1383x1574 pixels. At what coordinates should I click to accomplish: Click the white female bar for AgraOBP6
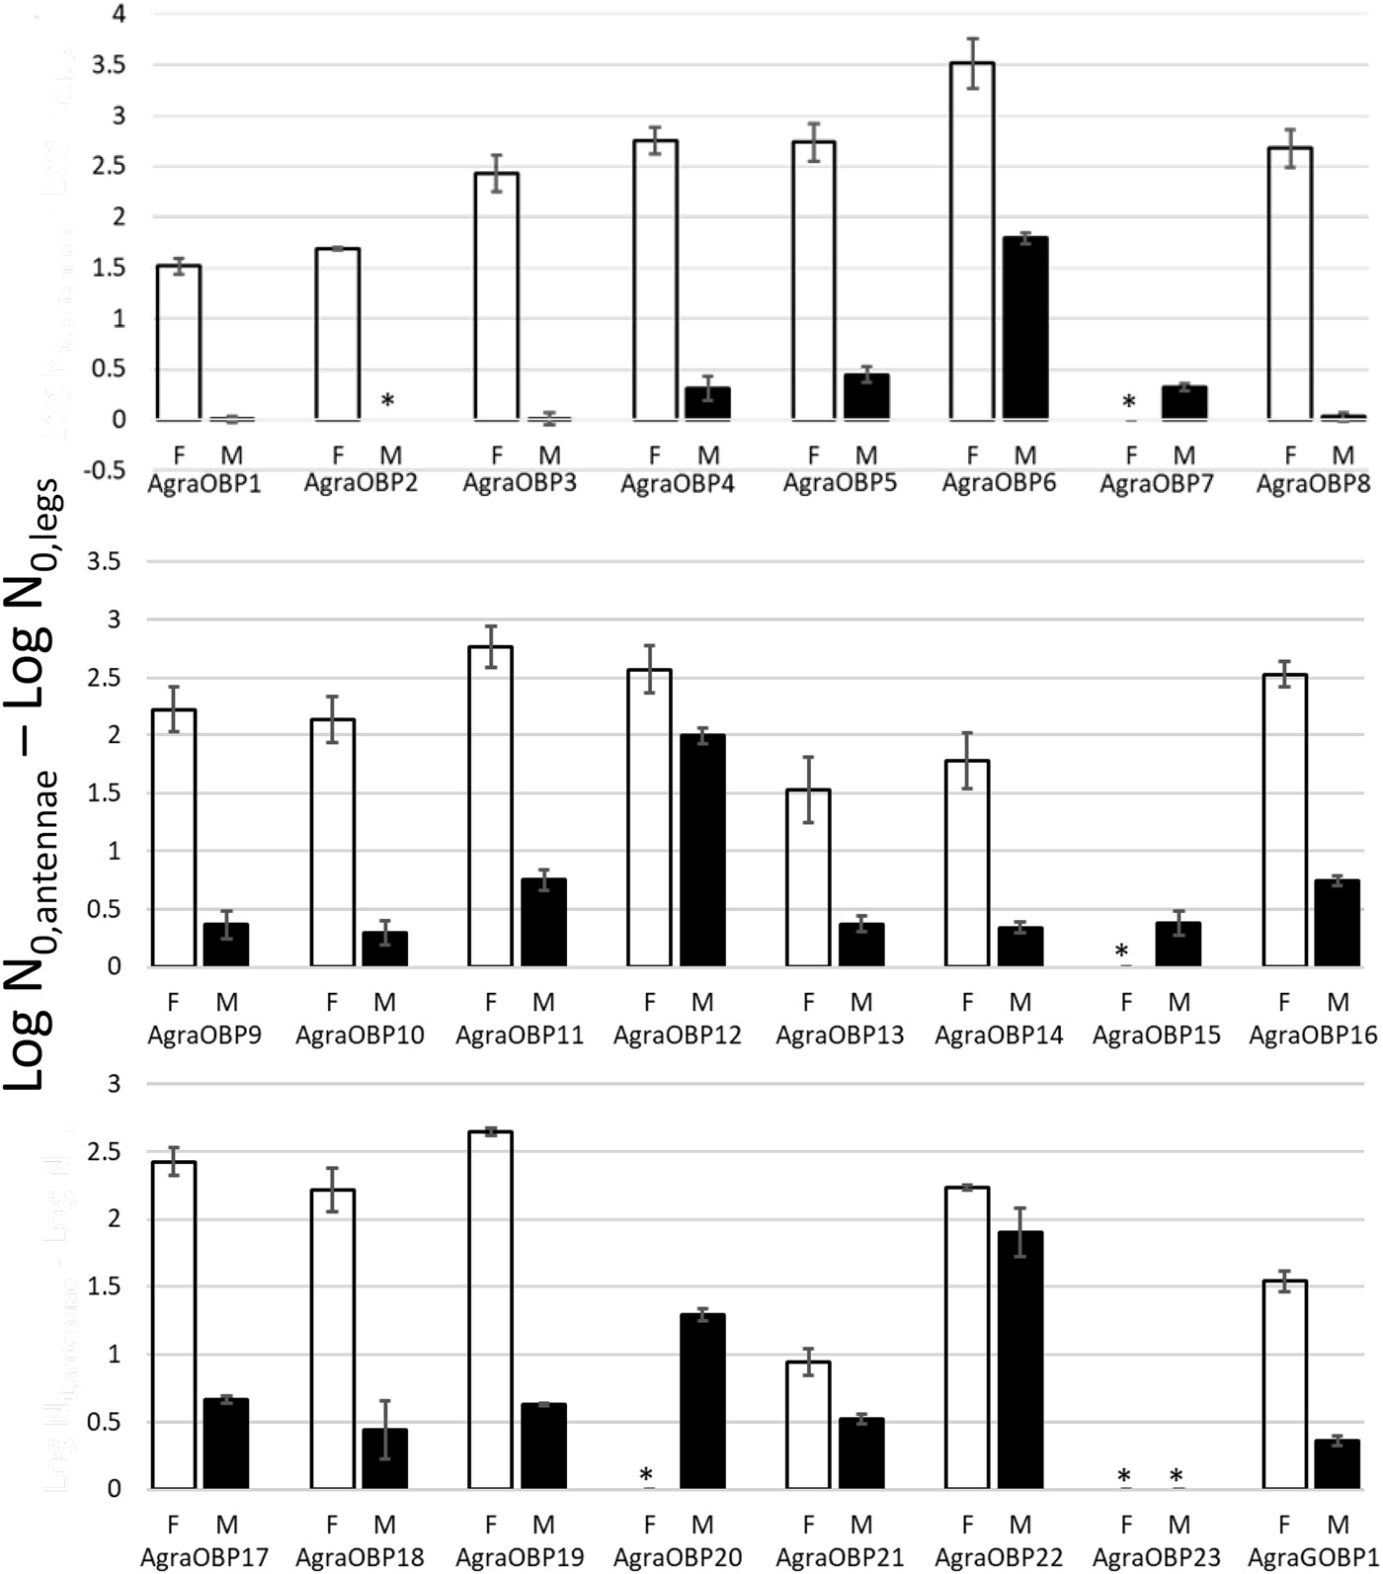(972, 241)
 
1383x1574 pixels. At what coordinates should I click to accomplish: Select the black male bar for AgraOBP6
(1025, 329)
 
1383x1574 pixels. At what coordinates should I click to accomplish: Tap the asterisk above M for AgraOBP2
(388, 400)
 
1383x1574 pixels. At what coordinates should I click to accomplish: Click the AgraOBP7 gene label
(1156, 484)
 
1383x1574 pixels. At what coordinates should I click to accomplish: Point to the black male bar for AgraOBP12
(702, 851)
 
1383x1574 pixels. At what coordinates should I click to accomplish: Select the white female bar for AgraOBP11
(491, 806)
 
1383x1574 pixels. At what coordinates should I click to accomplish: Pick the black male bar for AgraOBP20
(702, 1401)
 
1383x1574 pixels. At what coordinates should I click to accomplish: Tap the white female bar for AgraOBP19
(491, 1310)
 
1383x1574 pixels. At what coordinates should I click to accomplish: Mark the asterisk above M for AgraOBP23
(1176, 1477)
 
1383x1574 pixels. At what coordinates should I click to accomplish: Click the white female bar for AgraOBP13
(808, 877)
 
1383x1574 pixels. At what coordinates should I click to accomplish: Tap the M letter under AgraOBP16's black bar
(1338, 1002)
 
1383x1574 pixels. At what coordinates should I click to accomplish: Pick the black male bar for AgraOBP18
(384, 1458)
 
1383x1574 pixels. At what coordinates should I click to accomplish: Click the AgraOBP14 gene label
(999, 1036)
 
